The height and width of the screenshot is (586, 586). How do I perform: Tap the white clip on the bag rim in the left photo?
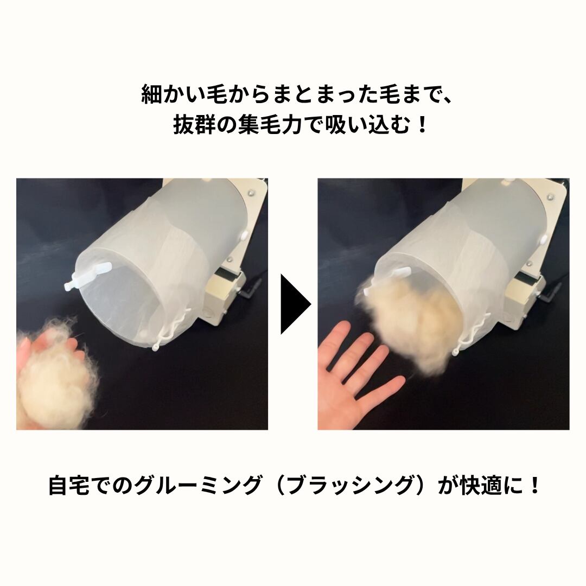pos(88,276)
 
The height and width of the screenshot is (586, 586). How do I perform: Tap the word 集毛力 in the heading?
pos(269,125)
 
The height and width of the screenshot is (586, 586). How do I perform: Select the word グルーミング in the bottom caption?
pos(198,485)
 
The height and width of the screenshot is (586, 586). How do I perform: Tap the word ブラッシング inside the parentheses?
pos(350,485)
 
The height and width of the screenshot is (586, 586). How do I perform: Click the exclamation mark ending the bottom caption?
pos(534,485)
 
